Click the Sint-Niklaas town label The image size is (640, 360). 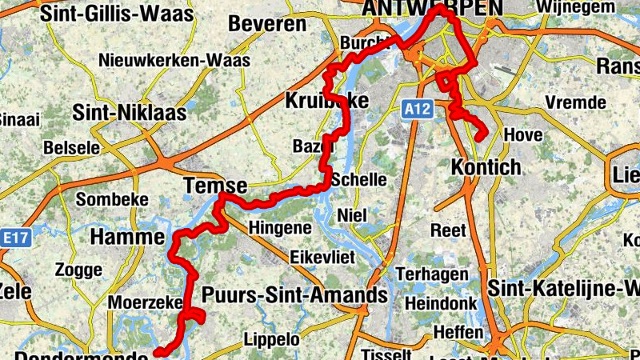tap(129, 113)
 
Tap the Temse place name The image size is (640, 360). tap(214, 184)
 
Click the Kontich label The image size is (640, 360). tap(486, 168)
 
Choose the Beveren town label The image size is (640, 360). tap(267, 24)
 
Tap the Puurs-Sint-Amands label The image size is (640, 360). tap(294, 295)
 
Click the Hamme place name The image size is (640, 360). tap(127, 237)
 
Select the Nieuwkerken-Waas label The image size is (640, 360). tap(174, 61)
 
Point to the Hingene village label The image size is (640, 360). tap(279, 228)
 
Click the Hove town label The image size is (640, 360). tap(523, 135)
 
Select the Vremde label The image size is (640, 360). tap(575, 102)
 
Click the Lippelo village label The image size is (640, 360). tap(272, 339)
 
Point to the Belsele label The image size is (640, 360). tap(71, 148)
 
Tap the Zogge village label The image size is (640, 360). tap(78, 271)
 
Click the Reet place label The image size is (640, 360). tap(448, 230)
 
